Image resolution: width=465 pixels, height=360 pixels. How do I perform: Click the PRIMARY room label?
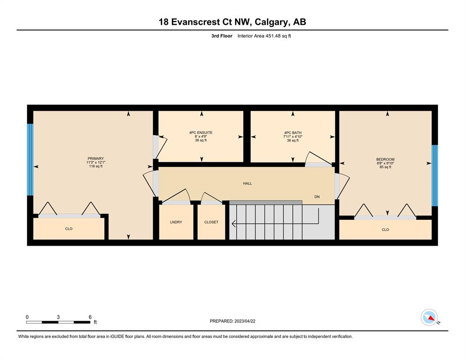[x=96, y=158]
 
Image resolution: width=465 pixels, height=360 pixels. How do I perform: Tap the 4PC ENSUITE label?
[x=201, y=133]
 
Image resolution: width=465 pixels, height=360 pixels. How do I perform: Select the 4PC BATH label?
[x=293, y=133]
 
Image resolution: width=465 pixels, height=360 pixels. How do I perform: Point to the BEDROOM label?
[x=385, y=159]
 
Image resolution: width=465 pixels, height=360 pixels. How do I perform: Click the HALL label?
[x=247, y=183]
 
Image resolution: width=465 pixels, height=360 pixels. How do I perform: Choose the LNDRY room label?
[x=176, y=222]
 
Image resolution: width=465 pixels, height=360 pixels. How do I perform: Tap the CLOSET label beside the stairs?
[x=211, y=222]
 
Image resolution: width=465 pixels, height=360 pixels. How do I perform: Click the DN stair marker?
[x=317, y=197]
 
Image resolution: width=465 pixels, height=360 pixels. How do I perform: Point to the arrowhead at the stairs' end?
[x=233, y=224]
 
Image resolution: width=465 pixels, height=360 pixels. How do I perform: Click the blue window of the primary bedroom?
[x=30, y=160]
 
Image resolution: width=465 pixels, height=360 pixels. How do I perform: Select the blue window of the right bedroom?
[x=435, y=175]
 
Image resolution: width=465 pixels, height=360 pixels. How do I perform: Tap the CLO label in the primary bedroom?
[x=69, y=229]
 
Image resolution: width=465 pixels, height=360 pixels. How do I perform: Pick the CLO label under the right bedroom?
[x=385, y=230]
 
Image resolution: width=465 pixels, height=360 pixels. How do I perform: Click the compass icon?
[x=429, y=317]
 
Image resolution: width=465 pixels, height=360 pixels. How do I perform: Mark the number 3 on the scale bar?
[x=58, y=317]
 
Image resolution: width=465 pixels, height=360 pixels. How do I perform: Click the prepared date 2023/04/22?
[x=245, y=321]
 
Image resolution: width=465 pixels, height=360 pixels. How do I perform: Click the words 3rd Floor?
[x=222, y=36]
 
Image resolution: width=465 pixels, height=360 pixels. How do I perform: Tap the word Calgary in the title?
[x=271, y=22]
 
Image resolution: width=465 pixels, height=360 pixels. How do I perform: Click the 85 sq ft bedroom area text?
[x=385, y=167]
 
